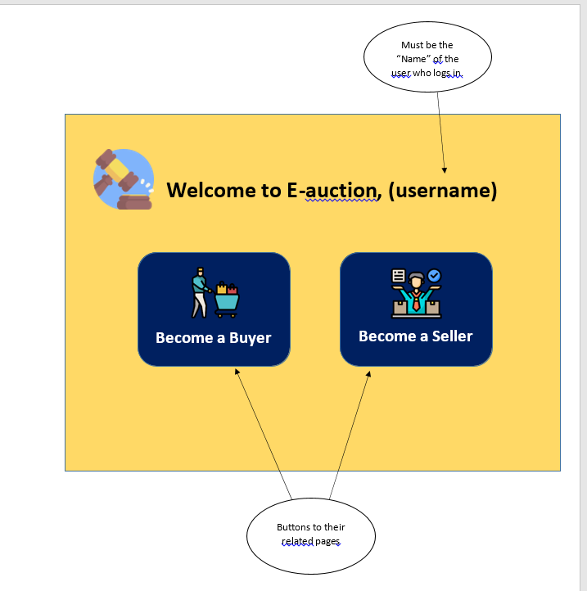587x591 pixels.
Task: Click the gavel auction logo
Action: pos(124,179)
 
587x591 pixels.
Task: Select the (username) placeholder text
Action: pos(443,191)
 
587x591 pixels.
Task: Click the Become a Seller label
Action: pos(415,336)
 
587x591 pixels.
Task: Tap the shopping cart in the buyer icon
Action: pos(227,300)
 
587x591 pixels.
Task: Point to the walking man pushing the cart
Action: pos(201,292)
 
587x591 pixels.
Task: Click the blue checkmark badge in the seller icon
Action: pos(434,276)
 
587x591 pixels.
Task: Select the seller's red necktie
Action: pos(416,302)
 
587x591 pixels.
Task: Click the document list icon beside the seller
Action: pos(399,276)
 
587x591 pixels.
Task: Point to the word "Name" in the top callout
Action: pos(413,59)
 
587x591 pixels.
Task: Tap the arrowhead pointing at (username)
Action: pos(445,170)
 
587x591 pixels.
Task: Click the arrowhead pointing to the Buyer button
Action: pos(237,372)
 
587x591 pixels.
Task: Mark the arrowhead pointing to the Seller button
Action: pos(368,374)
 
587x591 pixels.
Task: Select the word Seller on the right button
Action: pos(453,336)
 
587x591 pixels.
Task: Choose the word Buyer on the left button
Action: pos(250,338)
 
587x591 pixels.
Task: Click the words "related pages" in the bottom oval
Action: pos(310,541)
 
